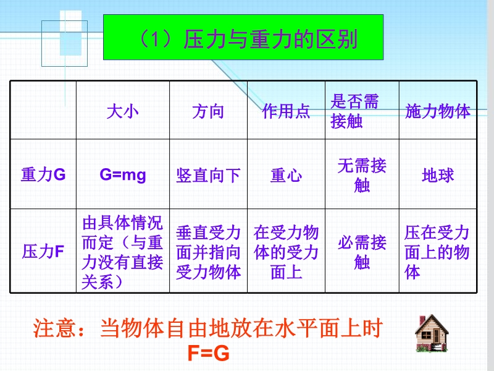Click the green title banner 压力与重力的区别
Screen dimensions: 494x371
click(243, 37)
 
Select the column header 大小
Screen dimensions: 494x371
click(122, 112)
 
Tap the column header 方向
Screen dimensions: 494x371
click(208, 112)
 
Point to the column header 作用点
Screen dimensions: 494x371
click(286, 112)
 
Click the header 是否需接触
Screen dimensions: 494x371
click(354, 111)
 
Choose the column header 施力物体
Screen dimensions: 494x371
click(438, 112)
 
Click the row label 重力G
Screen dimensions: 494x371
click(43, 174)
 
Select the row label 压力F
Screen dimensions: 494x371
click(43, 252)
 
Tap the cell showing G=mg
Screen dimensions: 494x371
click(123, 175)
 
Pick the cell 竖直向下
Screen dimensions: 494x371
click(208, 176)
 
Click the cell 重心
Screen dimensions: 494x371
click(286, 176)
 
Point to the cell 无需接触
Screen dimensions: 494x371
click(362, 175)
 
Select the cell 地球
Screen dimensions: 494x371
click(438, 176)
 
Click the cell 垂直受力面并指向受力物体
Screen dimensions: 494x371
click(208, 252)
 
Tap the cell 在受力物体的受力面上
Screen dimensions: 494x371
click(286, 252)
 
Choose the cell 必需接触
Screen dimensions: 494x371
click(362, 252)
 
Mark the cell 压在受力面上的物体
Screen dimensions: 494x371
click(437, 252)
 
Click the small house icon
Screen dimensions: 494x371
click(432, 333)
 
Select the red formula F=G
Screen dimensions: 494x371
click(208, 353)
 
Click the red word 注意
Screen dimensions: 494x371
click(54, 328)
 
